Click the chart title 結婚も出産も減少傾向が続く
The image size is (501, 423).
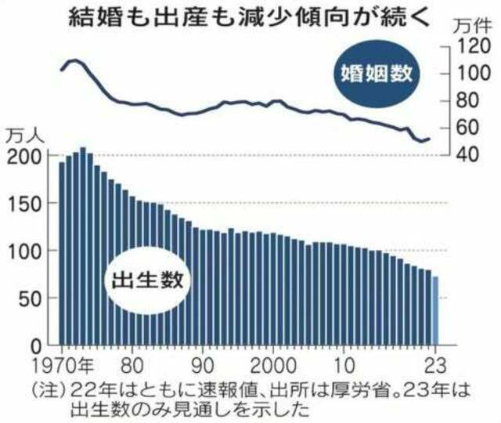(x=249, y=16)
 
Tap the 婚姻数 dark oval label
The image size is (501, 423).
(x=377, y=74)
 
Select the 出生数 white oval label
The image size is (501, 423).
(x=148, y=280)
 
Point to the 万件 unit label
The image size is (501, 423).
(x=472, y=26)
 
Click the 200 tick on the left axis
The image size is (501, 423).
(x=25, y=157)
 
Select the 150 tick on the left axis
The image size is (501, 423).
(x=25, y=204)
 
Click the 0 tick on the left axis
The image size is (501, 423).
(x=37, y=346)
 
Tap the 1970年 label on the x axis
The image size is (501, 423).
(x=63, y=365)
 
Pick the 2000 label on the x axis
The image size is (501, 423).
(x=273, y=365)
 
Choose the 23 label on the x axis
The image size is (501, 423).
(x=435, y=365)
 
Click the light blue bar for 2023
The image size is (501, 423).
(x=435, y=311)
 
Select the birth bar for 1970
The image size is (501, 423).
(x=62, y=254)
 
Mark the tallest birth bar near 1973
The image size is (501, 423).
(x=83, y=246)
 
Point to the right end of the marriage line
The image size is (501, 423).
(x=429, y=139)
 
